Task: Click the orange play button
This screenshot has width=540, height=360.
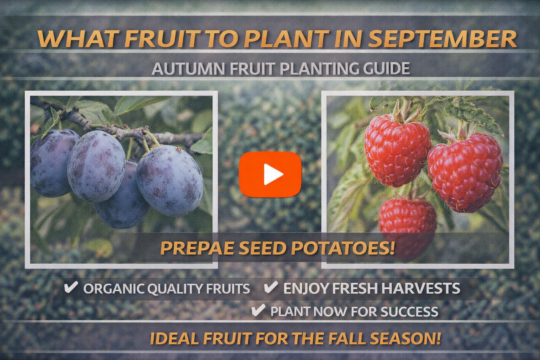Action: pyautogui.click(x=270, y=174)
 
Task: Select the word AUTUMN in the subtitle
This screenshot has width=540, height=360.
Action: pyautogui.click(x=188, y=69)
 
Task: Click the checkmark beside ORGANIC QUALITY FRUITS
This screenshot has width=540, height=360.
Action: pyautogui.click(x=71, y=288)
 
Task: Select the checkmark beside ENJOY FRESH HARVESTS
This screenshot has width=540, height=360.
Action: pyautogui.click(x=271, y=288)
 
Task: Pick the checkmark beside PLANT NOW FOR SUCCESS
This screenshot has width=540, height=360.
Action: pyautogui.click(x=258, y=311)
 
